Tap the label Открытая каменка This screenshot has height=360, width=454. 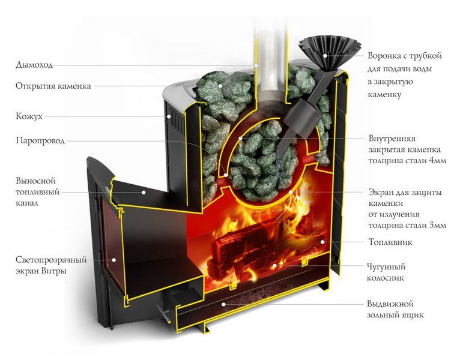click(53, 86)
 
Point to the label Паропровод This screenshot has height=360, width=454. click(41, 141)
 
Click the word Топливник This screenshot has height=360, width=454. click(389, 242)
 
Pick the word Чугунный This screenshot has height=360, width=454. click(389, 266)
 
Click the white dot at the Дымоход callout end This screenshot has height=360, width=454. click(256, 64)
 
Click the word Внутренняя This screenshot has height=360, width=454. click(396, 138)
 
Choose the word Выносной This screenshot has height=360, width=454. click(35, 180)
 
